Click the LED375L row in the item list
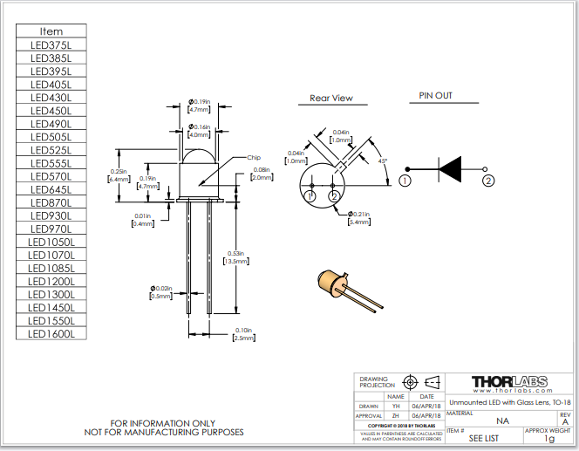[51, 45]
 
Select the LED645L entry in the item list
[51, 189]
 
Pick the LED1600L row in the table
[51, 333]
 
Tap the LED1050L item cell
[51, 242]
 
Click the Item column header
[51, 31]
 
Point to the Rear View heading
[331, 99]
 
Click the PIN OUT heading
[435, 96]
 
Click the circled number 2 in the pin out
[488, 181]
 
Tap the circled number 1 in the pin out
[405, 181]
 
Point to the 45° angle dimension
[383, 161]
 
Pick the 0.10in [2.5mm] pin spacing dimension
[245, 333]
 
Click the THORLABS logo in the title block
[509, 382]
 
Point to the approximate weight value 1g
[549, 439]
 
